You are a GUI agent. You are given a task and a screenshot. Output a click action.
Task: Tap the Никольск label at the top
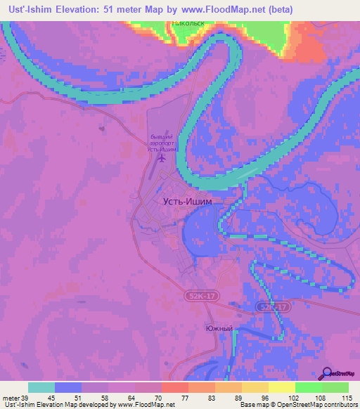tap(188, 22)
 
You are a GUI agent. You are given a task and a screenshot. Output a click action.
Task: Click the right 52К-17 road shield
tap(274, 308)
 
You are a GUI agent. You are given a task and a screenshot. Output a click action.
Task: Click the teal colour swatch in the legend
tap(41, 387)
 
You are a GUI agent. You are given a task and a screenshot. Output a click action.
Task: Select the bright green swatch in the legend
tap(308, 387)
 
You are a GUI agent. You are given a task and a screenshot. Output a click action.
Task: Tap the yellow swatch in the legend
tap(281, 387)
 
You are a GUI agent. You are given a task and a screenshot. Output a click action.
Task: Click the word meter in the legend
tap(11, 398)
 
